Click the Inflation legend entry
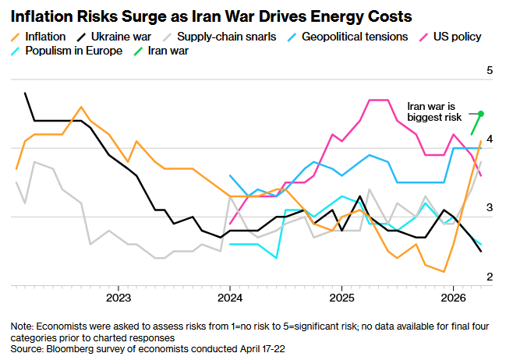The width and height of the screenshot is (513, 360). (x=40, y=37)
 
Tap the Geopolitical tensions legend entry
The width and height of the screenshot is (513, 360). (x=350, y=37)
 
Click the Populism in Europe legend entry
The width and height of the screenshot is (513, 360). (x=73, y=51)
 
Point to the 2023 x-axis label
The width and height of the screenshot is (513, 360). (x=119, y=298)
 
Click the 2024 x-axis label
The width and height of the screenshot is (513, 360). (x=230, y=298)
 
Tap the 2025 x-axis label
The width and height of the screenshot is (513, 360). (x=341, y=298)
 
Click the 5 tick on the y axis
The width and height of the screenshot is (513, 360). (x=490, y=71)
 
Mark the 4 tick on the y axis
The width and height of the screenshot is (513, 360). (x=490, y=139)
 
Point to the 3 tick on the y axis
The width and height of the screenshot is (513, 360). (x=490, y=207)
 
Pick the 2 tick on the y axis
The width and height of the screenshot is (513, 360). (x=490, y=276)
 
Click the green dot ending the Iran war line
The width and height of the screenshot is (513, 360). (x=481, y=114)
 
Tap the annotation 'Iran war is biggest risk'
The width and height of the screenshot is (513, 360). (x=436, y=110)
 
